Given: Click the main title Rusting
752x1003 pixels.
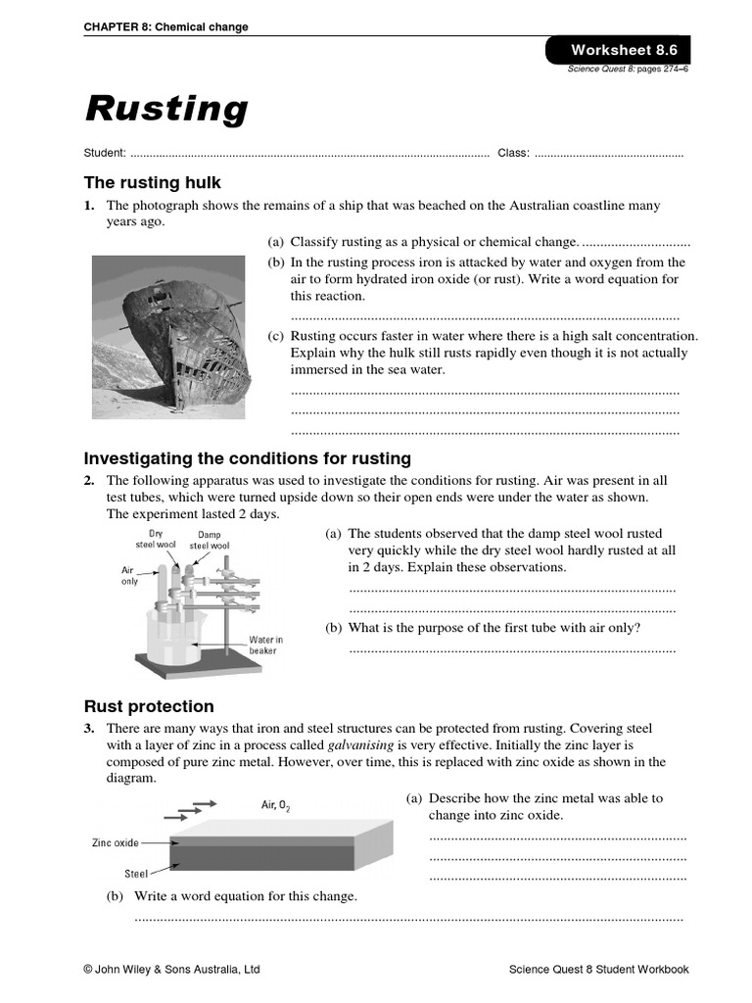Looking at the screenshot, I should coord(166,108).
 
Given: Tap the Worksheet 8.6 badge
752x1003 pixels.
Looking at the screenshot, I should coord(617,50).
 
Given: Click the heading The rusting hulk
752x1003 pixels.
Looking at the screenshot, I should coord(153,182).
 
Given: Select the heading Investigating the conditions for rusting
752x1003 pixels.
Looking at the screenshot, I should coord(248,458).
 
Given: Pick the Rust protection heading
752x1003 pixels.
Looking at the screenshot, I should coord(149,706).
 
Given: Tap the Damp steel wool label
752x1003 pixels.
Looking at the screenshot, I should coord(210,540).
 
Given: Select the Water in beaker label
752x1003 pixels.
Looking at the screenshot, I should coord(265,645).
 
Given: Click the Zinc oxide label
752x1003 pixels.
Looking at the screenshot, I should coord(116,842).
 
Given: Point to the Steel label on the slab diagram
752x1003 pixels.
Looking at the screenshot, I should coord(135,873).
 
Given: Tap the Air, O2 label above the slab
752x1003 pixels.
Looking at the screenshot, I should coord(275,805).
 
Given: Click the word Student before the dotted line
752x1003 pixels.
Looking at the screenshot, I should coord(104,153).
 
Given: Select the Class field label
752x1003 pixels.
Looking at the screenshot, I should coord(513,153).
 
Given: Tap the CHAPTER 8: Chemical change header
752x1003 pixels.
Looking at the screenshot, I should coord(165,27).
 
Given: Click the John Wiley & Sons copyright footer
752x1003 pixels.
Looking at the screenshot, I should coord(171,970).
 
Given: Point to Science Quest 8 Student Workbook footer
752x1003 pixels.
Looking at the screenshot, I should coord(598,970).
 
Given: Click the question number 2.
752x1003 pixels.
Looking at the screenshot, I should coord(89,481).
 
